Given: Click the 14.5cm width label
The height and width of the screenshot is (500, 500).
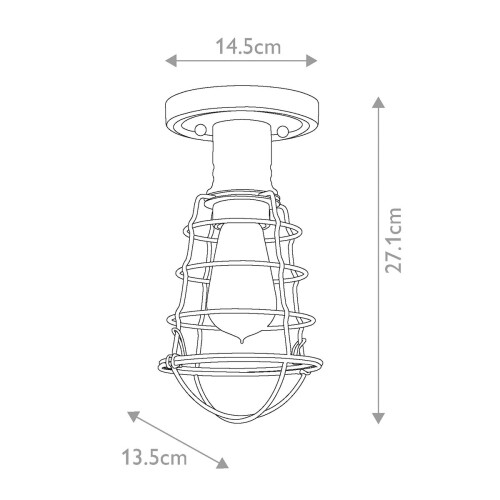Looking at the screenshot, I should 247,44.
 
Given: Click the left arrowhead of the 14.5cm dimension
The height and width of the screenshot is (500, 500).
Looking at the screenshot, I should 171,63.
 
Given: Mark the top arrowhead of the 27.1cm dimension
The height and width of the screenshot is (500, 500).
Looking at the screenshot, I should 378,100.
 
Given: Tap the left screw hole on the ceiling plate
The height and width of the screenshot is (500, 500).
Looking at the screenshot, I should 199,131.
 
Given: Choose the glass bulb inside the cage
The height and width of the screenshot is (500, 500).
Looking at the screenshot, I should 240,270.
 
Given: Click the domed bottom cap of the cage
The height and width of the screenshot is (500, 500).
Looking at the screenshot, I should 240,400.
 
